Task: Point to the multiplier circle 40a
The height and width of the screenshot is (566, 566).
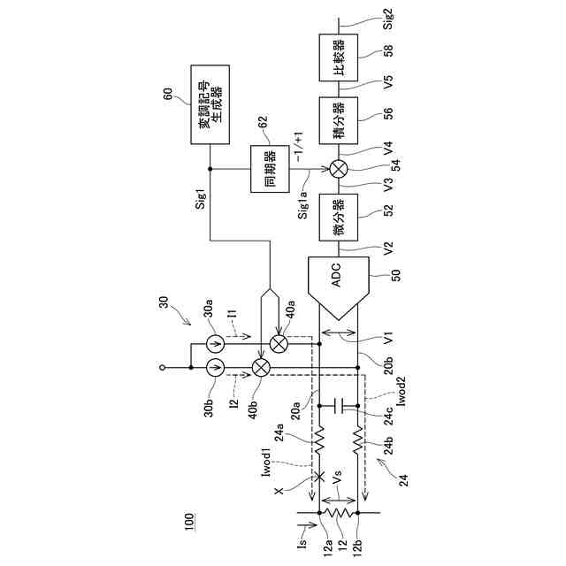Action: click(279, 342)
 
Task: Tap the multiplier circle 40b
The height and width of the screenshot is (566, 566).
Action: click(261, 366)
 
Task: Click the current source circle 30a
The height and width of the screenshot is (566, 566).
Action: click(216, 342)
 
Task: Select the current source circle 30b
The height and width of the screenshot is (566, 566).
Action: click(216, 366)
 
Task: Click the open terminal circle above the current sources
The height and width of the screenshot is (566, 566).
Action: click(159, 366)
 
